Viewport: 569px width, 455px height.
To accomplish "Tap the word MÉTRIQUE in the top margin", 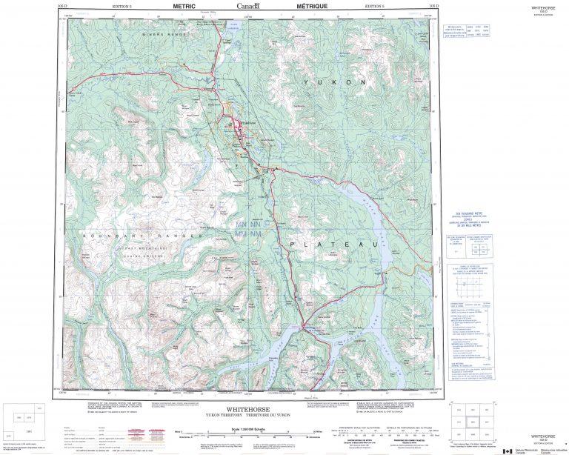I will coord(290,5).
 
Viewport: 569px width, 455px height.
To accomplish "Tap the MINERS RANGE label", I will coord(163,33).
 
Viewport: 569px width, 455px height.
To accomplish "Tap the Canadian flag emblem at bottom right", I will coord(507,450).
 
